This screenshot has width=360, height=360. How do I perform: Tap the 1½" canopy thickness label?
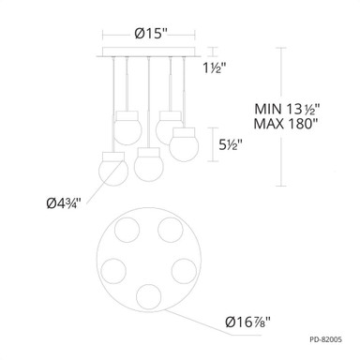215,67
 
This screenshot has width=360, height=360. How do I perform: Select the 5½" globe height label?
231,144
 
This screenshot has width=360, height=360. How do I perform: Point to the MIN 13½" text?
286,109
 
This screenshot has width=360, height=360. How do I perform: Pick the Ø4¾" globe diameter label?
64,203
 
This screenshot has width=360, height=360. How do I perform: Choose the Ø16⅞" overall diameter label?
248,322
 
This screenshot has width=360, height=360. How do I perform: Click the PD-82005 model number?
326,339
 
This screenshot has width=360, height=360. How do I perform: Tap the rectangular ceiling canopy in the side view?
149,52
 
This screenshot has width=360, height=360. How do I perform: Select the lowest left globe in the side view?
113,169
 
